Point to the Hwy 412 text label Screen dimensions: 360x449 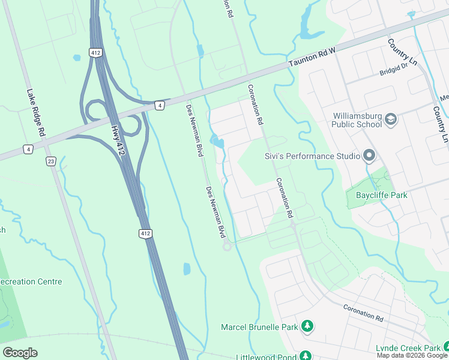point(117,142)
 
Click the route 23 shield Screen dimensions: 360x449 point(50,161)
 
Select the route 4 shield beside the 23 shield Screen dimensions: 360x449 point(28,148)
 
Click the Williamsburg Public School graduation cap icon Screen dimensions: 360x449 point(391,119)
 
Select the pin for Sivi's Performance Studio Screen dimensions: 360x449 point(369,156)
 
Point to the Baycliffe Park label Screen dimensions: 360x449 point(377,195)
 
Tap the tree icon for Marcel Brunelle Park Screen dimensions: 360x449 point(307,327)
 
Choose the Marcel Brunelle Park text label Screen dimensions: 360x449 point(259,328)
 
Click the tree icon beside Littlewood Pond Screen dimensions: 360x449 point(306,355)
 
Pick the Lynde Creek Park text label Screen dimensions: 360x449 point(408,349)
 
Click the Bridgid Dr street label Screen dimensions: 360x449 point(393,73)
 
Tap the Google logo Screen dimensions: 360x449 point(20,353)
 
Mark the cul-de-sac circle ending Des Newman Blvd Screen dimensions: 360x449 point(227,247)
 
